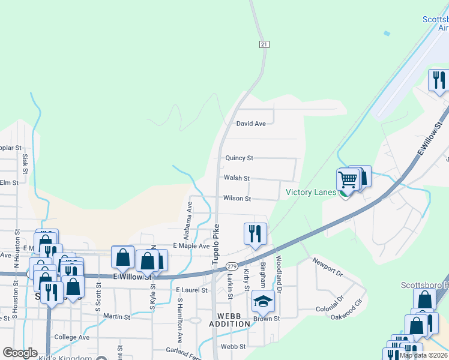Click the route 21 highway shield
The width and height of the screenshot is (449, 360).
tap(264, 44)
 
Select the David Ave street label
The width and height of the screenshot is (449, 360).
tap(250, 124)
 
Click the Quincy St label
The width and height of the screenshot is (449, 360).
tap(239, 158)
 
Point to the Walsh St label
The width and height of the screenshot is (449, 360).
tap(237, 178)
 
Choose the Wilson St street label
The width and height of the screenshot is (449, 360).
tap(237, 198)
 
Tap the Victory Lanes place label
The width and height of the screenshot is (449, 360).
tap(311, 192)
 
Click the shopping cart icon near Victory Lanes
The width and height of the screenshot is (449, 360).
tap(348, 179)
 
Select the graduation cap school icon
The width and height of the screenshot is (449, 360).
tap(262, 301)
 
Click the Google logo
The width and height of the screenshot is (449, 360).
tap(19, 353)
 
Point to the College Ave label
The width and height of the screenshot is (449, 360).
tap(71, 337)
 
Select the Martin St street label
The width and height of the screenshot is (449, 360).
tap(116, 316)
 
